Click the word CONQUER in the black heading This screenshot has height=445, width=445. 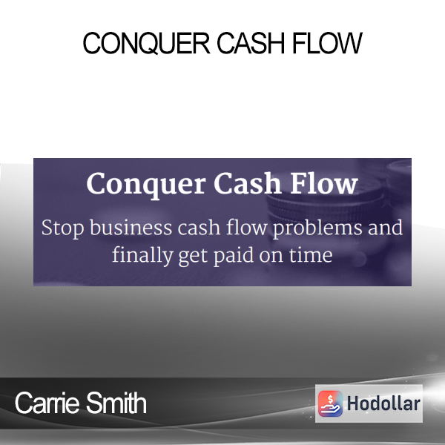tap(146, 44)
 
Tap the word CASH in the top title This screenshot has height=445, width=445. tap(251, 43)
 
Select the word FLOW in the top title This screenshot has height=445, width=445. tap(327, 43)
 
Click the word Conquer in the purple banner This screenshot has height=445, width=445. tap(146, 184)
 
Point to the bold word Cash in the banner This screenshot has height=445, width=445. tap(247, 183)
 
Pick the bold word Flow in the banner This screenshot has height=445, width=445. tap(323, 183)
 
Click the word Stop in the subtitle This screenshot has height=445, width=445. tap(63, 228)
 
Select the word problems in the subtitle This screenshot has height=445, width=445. tap(317, 228)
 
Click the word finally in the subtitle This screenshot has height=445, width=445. tap(142, 255)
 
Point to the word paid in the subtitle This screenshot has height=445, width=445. tap(234, 255)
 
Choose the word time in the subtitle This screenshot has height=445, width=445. tap(311, 254)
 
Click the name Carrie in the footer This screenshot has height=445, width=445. tap(47, 403)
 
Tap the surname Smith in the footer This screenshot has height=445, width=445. tap(116, 403)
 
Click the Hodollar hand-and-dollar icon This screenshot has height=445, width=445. tap(330, 403)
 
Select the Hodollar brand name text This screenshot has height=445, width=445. tap(383, 403)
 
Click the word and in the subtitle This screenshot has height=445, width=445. tap(386, 227)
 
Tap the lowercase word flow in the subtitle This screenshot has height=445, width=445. tap(247, 227)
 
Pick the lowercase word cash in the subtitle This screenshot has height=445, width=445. tap(200, 227)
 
